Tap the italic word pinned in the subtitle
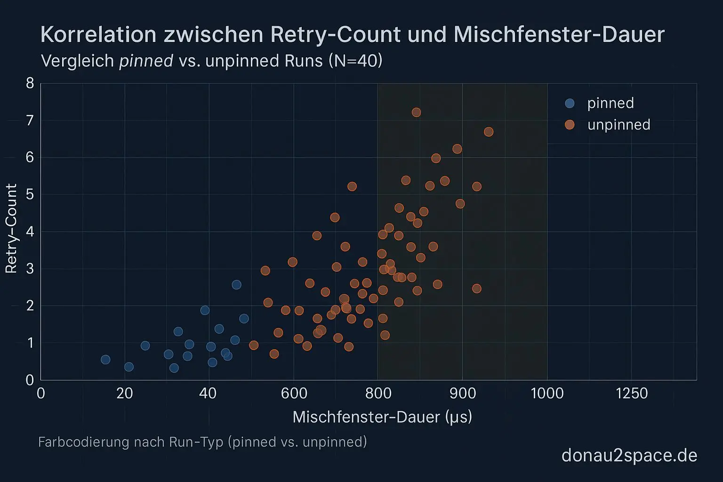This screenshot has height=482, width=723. [x=146, y=61]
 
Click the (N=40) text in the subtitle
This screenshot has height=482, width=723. [x=355, y=61]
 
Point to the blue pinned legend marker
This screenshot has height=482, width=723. [x=570, y=103]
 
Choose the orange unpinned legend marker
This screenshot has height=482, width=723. [x=570, y=125]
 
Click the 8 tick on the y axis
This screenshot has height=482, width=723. [x=30, y=83]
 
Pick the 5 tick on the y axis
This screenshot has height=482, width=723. [x=30, y=194]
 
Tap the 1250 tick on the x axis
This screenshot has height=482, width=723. [x=632, y=393]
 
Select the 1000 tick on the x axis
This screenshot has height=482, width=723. [x=547, y=393]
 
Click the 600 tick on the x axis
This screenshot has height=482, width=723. [x=294, y=393]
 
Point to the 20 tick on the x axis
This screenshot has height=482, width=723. [x=124, y=393]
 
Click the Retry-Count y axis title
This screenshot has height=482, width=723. [x=11, y=229]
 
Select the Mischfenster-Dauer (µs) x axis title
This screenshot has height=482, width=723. [x=382, y=417]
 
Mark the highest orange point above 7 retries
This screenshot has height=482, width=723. [x=416, y=112]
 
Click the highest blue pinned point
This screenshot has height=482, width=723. [x=236, y=285]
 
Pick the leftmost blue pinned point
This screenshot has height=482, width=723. [x=105, y=360]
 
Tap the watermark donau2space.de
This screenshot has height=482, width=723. [x=629, y=455]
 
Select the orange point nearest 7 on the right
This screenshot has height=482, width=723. [x=489, y=132]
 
